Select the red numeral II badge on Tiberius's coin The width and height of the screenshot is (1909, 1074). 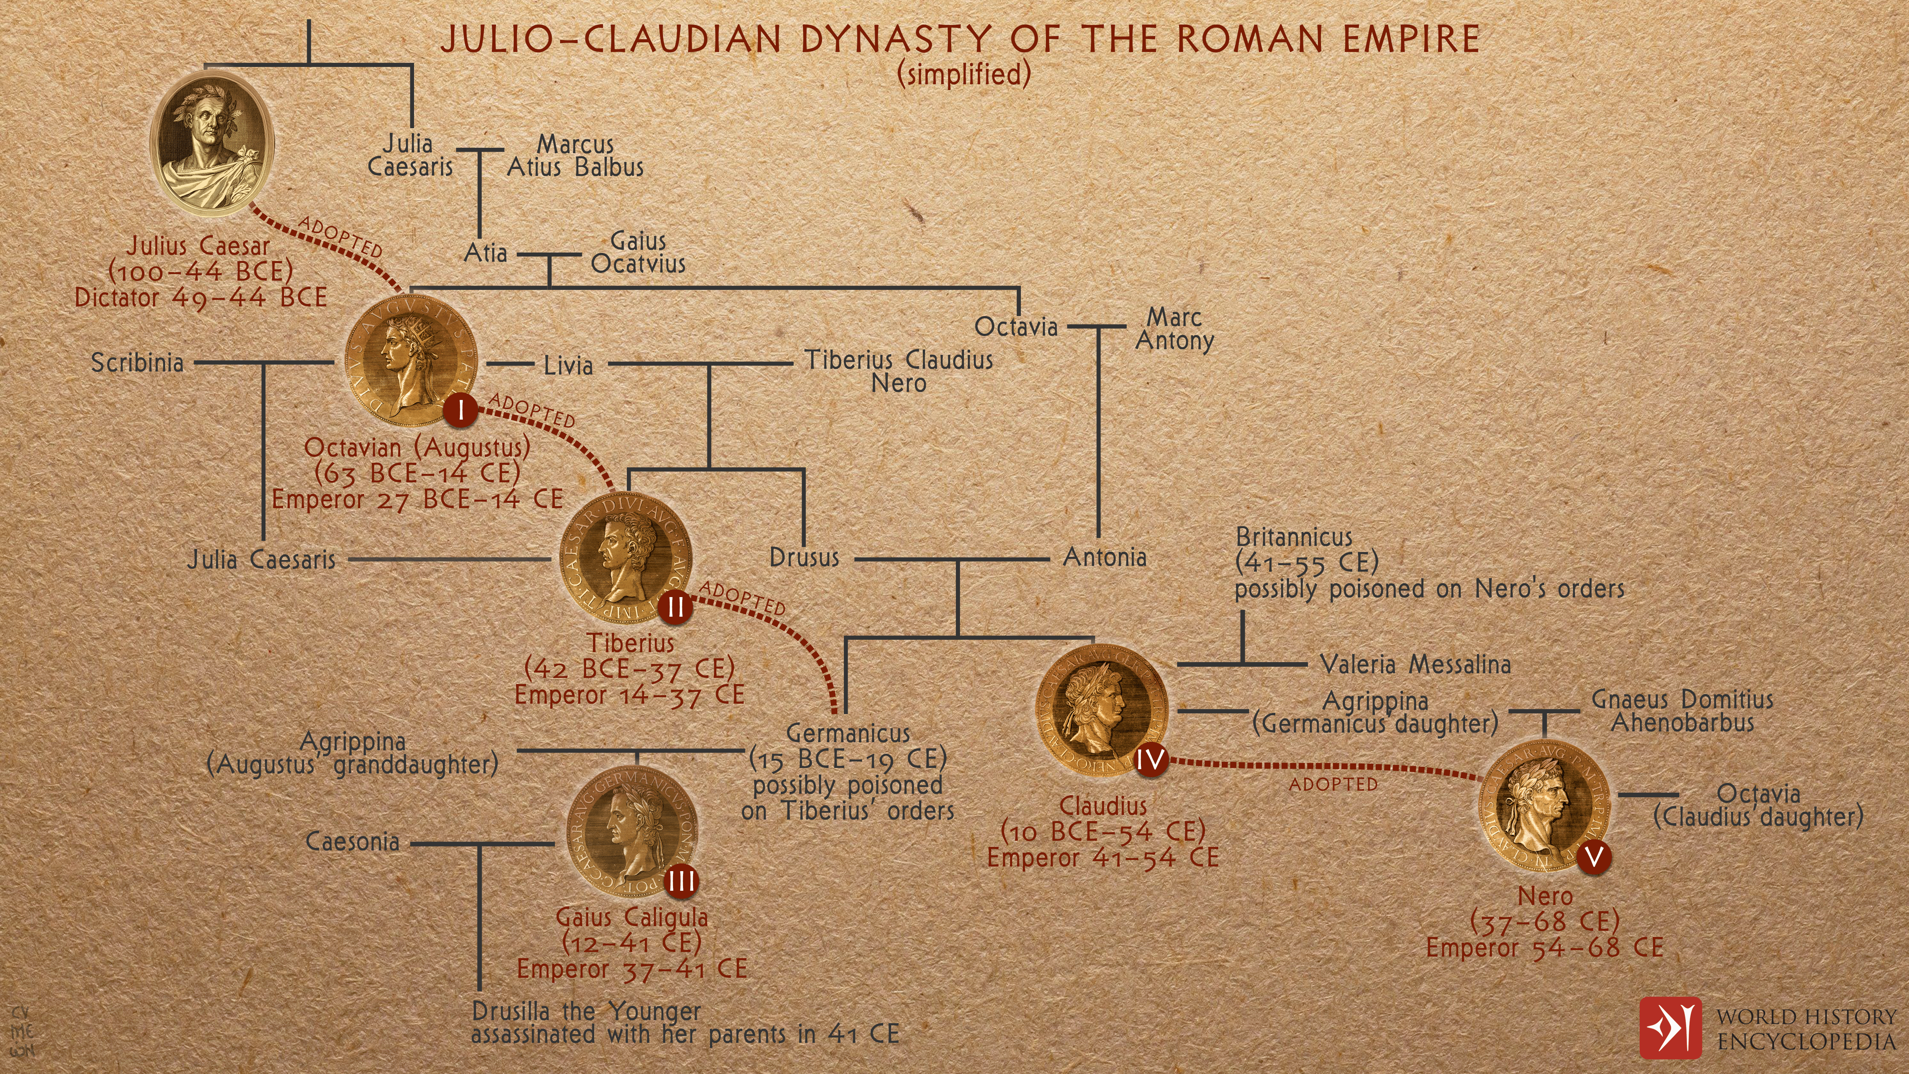pyautogui.click(x=675, y=607)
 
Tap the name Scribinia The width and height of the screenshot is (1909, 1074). pyautogui.click(x=137, y=363)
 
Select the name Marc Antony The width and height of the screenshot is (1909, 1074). pyautogui.click(x=1174, y=329)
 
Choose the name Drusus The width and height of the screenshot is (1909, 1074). pyautogui.click(x=804, y=557)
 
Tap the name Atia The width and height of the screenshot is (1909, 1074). pyautogui.click(x=485, y=254)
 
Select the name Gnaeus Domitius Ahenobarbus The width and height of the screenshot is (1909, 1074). pyautogui.click(x=1682, y=711)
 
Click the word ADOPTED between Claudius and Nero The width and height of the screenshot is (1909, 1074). pyautogui.click(x=1333, y=784)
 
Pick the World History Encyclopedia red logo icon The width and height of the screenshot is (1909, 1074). pyautogui.click(x=1670, y=1028)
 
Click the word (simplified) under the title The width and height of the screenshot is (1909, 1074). pyautogui.click(x=964, y=74)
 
